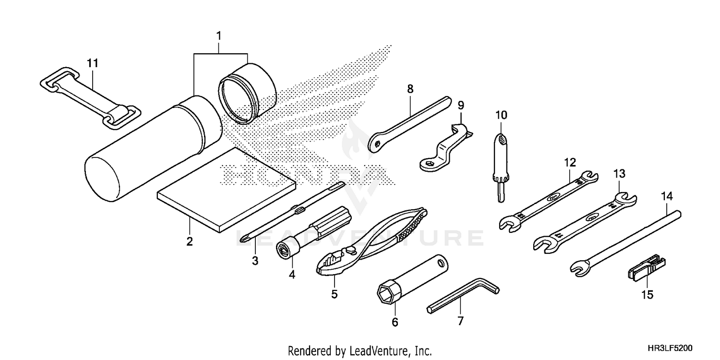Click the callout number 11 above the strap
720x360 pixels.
[92, 62]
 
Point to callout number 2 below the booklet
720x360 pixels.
[190, 241]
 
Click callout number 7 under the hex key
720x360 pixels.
[460, 321]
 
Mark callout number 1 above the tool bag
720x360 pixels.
[219, 36]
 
